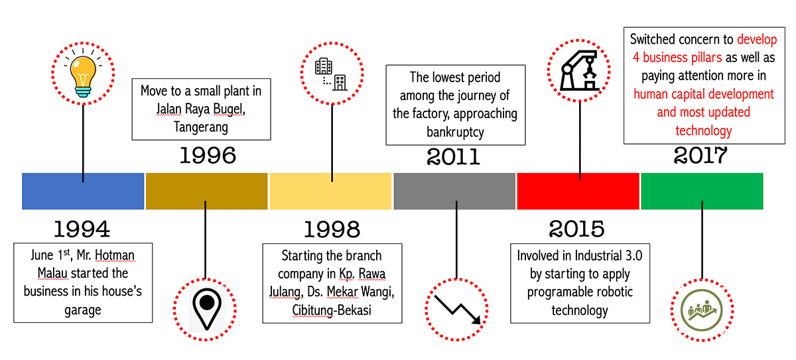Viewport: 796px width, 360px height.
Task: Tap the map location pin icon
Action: tap(207, 309)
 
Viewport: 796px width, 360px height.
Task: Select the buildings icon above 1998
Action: tap(331, 74)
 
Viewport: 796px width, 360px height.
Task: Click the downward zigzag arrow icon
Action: tap(457, 309)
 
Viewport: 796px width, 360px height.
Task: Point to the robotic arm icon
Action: tap(579, 71)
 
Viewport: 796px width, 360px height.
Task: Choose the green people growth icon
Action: tap(702, 310)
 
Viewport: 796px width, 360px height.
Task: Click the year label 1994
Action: tap(82, 229)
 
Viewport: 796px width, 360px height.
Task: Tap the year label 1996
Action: tap(208, 155)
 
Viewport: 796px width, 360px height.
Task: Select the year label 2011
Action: tap(454, 156)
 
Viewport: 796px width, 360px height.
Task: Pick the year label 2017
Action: tap(700, 155)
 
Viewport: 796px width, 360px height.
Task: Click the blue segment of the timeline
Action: tap(83, 191)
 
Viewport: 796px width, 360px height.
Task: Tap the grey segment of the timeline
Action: tap(454, 191)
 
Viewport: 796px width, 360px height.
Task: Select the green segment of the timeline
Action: tap(702, 191)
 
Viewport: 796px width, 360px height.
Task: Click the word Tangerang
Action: tap(201, 127)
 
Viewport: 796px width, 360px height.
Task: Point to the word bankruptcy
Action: tap(455, 132)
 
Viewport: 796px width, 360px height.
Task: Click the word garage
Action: tap(83, 310)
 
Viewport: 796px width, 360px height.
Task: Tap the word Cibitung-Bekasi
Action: tap(332, 310)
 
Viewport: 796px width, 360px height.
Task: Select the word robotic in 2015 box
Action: tap(614, 292)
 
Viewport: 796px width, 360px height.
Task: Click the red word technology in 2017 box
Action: tap(704, 131)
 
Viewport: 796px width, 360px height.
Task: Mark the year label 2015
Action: tap(576, 229)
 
